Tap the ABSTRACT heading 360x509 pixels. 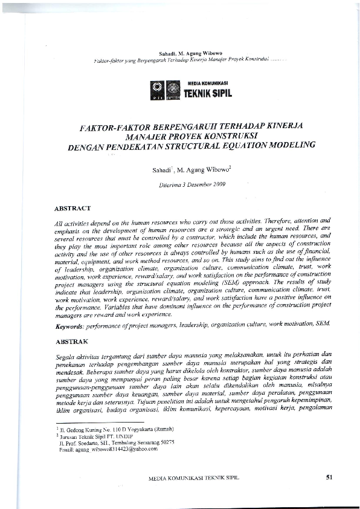(72, 208)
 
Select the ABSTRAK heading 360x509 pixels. (71, 342)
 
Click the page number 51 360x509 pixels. (330, 477)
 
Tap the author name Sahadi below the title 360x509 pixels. (163, 170)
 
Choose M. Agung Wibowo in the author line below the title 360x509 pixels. (199, 170)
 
